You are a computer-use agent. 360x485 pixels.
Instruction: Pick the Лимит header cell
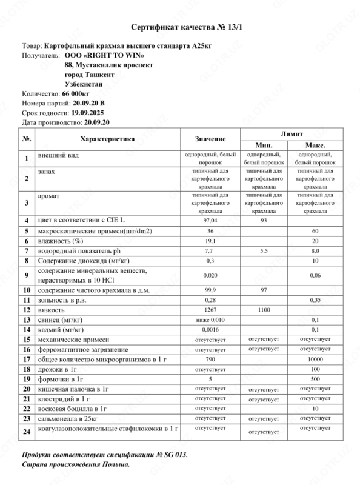[288, 133]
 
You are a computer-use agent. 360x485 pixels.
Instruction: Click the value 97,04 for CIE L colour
[210, 220]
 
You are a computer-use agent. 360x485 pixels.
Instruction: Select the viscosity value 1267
[210, 309]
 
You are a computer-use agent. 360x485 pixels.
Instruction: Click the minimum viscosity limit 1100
[263, 309]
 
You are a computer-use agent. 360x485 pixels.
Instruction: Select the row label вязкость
[52, 309]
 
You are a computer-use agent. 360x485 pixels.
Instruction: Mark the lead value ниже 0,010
[210, 319]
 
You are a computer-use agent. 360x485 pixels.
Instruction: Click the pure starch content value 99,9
[210, 289]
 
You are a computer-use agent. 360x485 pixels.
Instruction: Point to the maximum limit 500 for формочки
[315, 380]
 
